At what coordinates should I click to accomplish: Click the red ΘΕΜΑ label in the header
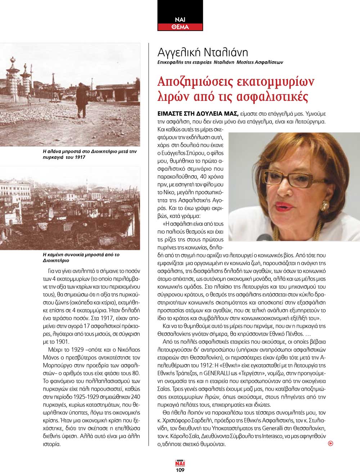pos(180,27)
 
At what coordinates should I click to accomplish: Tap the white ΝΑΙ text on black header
pos(180,20)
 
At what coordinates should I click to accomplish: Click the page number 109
pos(180,470)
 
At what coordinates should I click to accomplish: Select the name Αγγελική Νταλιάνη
pos(203,53)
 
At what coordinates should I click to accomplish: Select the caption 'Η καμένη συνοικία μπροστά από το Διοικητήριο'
pos(81,257)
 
